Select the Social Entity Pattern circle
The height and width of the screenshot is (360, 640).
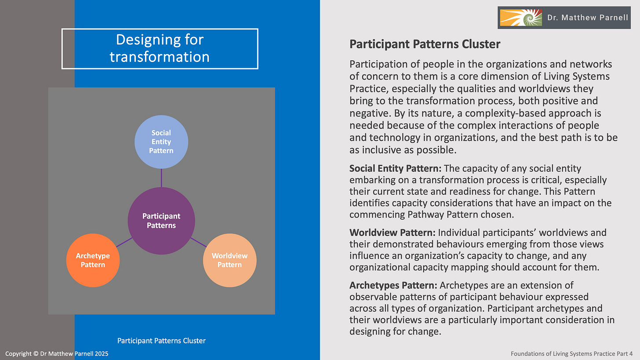[x=161, y=142]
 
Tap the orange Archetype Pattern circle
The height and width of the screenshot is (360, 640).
[x=93, y=260]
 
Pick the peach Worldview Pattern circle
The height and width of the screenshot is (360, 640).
[x=229, y=260]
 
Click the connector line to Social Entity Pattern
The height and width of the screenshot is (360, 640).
[x=161, y=178]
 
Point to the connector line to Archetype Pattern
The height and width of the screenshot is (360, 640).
[x=124, y=242]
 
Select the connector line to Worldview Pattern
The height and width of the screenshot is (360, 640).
[x=198, y=242]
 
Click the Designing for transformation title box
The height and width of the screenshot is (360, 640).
[x=160, y=49]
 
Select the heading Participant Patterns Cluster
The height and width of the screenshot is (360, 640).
[x=425, y=44]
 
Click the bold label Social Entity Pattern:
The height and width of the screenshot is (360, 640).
[x=396, y=168]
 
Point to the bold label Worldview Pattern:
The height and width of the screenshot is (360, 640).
[x=393, y=233]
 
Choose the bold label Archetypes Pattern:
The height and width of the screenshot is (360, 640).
[x=393, y=285]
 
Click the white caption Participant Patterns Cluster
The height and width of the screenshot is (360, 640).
[x=161, y=341]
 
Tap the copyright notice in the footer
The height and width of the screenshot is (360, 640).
[x=57, y=353]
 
